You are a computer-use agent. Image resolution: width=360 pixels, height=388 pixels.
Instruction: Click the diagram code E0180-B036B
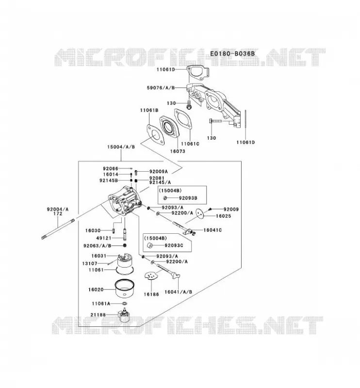232,53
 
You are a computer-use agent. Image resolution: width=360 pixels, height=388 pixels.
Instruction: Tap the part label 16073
178,151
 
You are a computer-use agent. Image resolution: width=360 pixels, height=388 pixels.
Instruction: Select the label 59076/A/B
161,88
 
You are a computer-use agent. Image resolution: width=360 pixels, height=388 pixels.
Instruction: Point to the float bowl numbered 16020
125,288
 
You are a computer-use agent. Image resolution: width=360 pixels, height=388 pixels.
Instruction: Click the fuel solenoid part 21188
124,315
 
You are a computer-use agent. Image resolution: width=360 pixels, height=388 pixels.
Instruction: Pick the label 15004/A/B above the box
121,147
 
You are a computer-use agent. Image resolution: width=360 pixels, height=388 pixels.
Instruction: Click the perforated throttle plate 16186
151,276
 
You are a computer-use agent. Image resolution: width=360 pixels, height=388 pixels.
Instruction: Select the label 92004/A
58,210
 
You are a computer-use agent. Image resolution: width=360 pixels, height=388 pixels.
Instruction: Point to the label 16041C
213,230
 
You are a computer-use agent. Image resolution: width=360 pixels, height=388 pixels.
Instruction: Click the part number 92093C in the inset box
174,245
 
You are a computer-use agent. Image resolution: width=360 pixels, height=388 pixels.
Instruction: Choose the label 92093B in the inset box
188,198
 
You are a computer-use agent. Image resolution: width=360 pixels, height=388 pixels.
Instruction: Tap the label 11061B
149,111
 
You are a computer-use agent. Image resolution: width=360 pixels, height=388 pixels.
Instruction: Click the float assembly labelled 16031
125,260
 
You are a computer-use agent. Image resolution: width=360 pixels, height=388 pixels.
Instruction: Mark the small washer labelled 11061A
124,304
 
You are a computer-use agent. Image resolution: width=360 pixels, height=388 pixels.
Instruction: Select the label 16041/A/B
178,292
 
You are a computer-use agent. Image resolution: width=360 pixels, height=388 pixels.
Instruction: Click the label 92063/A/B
98,246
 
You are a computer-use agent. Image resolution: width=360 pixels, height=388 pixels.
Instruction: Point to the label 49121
104,238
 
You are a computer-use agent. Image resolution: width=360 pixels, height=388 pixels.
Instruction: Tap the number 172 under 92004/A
58,213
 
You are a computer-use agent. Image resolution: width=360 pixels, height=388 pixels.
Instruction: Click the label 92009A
159,172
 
